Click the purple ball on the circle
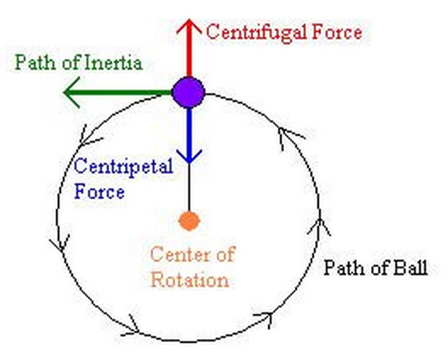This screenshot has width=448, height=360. pos(188,92)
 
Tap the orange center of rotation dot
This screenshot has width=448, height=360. pos(189,221)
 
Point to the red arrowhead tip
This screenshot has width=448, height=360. pos(189,20)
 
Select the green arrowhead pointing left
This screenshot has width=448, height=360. pos(71,92)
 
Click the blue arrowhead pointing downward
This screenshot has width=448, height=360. pos(189,156)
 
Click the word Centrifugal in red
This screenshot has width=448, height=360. pos(256,33)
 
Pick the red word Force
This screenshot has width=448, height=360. pos(337,31)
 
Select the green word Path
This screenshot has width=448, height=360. pos(35,62)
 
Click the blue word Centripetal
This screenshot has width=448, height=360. pos(123,167)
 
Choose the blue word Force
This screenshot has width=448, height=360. pos(99,191)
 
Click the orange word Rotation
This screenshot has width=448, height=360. pos(190,279)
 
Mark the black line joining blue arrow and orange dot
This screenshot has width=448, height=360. pos(189,188)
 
